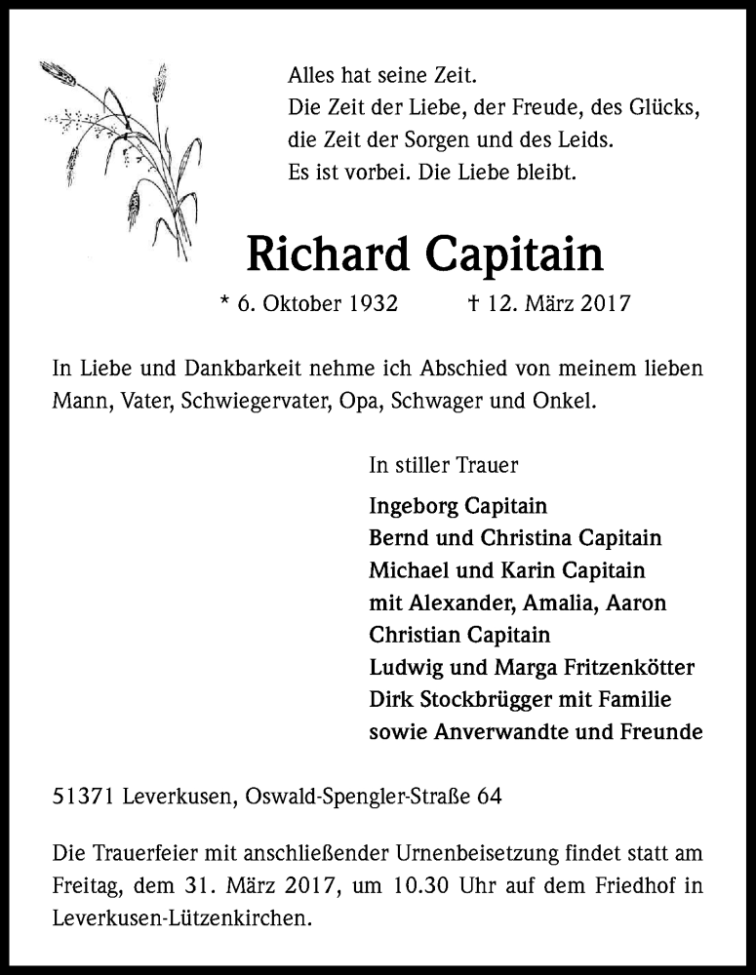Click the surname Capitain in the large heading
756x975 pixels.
click(x=514, y=255)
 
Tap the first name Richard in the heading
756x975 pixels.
click(x=328, y=255)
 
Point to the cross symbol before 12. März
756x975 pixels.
click(x=473, y=303)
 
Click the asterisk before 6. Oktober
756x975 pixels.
click(x=226, y=301)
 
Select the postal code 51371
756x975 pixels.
click(x=85, y=797)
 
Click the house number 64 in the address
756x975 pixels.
click(x=490, y=797)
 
